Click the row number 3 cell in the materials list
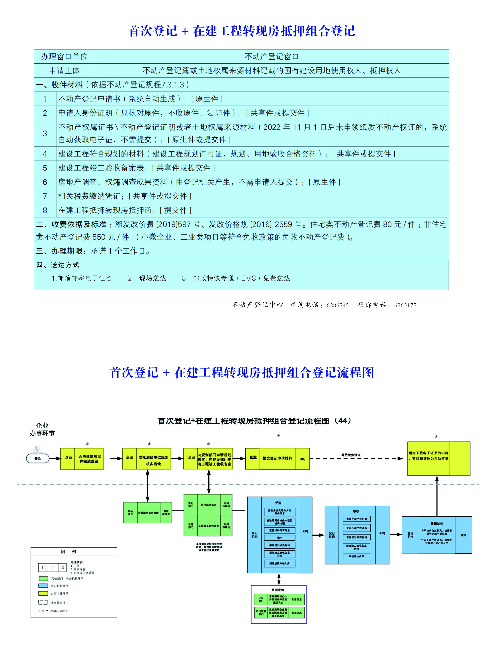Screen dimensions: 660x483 (x=45, y=133)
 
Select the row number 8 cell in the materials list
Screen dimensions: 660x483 (x=45, y=210)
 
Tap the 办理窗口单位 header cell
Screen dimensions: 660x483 (x=64, y=57)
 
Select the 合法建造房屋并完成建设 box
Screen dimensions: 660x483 (x=89, y=459)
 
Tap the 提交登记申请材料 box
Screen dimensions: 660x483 (x=277, y=459)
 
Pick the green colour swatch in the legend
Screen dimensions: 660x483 (x=43, y=579)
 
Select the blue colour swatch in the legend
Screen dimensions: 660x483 (x=43, y=586)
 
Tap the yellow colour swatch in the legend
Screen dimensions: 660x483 (x=43, y=594)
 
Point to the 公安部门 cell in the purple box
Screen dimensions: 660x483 (x=261, y=599)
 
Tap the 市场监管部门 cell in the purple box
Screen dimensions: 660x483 (x=261, y=613)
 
